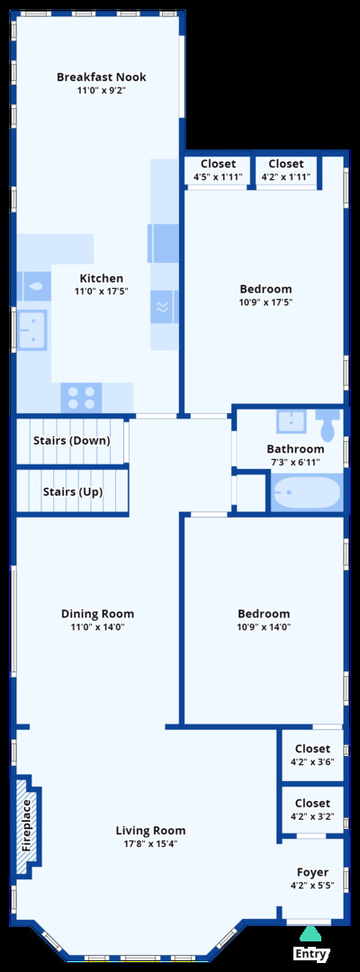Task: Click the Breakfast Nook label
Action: pos(102,77)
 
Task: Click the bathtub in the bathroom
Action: pos(306,493)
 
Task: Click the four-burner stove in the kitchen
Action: pos(81,398)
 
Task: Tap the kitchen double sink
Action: pos(31,329)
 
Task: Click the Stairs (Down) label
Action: pos(72,441)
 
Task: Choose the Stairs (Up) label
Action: pos(73,491)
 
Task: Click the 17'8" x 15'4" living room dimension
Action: pos(150,843)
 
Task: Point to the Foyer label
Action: pos(313,872)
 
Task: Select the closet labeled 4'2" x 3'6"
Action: pos(313,754)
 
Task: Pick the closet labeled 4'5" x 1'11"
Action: pos(218,170)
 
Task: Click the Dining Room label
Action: pos(97,615)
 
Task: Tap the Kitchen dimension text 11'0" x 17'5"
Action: pos(102,291)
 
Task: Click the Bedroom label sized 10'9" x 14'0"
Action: pos(264,615)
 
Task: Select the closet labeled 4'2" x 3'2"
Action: pos(313,810)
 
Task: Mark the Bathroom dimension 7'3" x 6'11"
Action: pos(295,462)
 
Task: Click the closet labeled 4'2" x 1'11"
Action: pos(286,170)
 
